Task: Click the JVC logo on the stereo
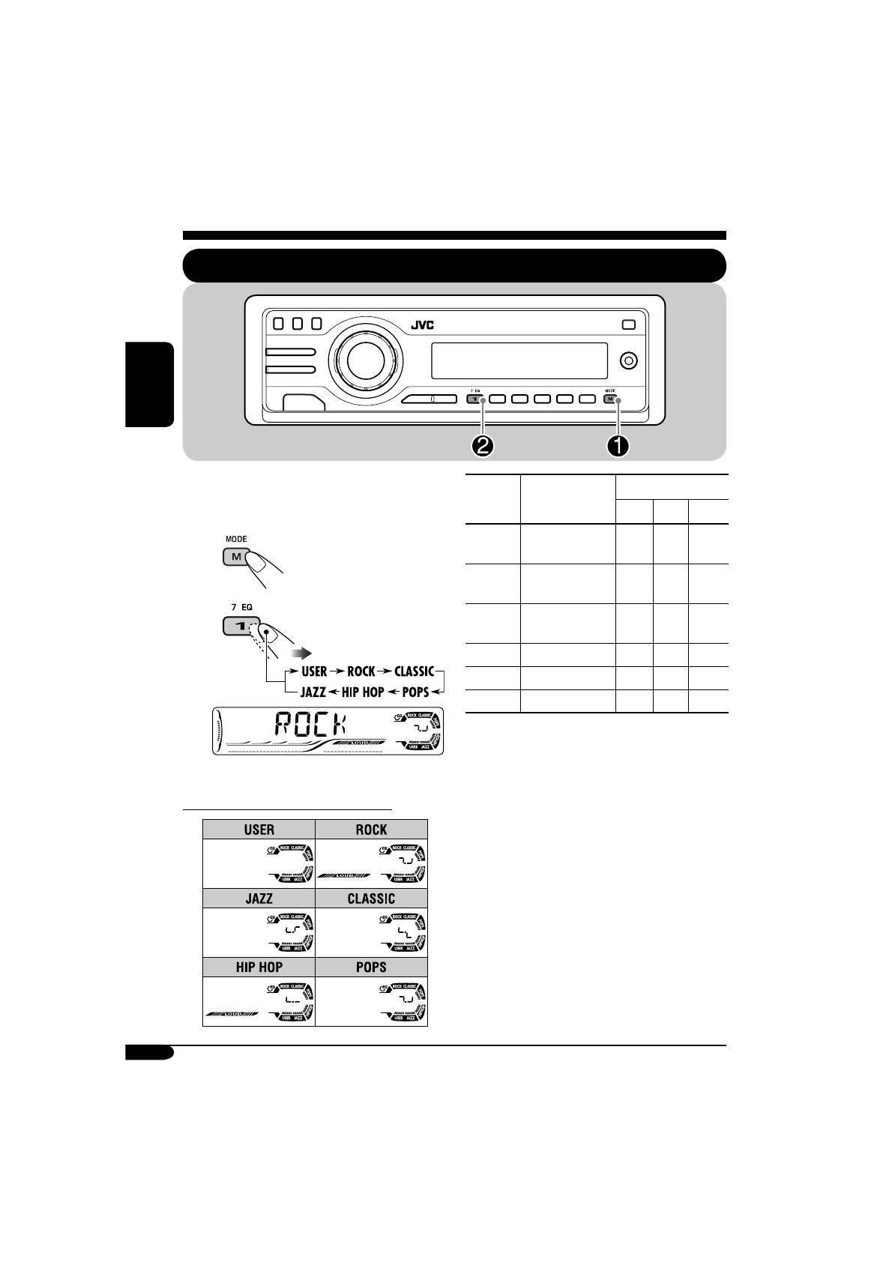(x=422, y=325)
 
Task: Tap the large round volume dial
(x=364, y=360)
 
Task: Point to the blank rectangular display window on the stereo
(x=519, y=360)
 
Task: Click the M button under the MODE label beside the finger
(x=236, y=557)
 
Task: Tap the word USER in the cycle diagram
(x=314, y=671)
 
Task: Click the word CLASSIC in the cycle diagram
(x=414, y=671)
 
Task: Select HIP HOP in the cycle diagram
(x=363, y=692)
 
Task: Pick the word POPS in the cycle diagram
(x=416, y=692)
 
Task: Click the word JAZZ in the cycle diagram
(x=313, y=692)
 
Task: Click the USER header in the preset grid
(x=259, y=830)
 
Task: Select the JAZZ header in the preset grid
(x=259, y=899)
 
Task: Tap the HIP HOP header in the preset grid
(x=259, y=967)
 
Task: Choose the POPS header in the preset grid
(x=372, y=967)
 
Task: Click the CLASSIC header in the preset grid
(x=372, y=899)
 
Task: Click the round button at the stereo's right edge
(x=629, y=360)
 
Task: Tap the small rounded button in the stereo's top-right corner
(x=627, y=324)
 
